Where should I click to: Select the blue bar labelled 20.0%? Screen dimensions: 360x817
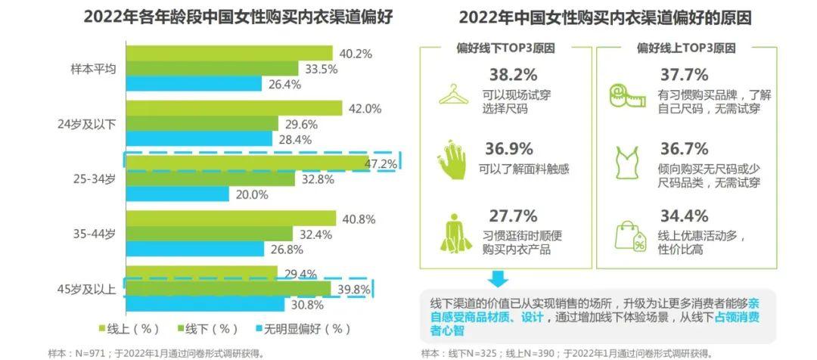tap(177, 194)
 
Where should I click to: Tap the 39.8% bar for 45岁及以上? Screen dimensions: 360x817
tap(228, 289)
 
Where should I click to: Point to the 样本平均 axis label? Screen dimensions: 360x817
tap(92, 68)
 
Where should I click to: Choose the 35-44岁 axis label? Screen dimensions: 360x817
tap(95, 234)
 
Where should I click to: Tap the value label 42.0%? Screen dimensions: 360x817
tap(365, 108)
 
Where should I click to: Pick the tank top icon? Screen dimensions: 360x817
tap(627, 162)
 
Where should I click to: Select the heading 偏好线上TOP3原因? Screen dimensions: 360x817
tap(686, 48)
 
